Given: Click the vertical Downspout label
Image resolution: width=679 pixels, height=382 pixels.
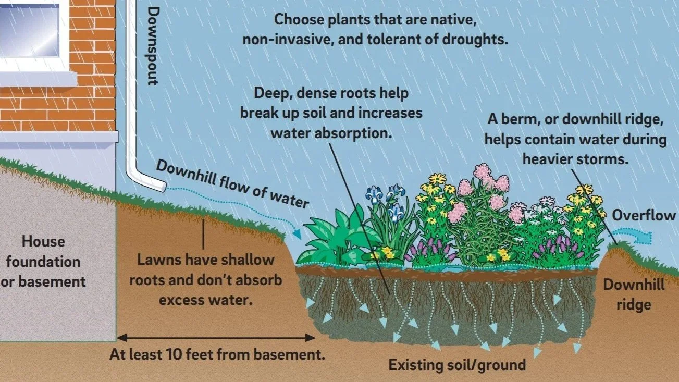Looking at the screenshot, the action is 152,45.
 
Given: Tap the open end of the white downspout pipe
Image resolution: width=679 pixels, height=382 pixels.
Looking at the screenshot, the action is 163,186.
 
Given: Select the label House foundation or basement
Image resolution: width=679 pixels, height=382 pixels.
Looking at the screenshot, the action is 44,262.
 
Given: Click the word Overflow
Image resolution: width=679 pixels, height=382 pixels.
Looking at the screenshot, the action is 644,216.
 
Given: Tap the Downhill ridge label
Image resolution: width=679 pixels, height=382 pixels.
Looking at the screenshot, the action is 634,294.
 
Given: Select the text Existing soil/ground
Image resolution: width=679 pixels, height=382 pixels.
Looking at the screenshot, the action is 457,365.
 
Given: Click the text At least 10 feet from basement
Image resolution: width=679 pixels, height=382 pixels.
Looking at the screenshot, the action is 217,355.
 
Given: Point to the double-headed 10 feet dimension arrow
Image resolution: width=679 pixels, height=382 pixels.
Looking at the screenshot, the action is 216,338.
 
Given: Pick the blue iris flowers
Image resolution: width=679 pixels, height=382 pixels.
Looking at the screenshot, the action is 386,201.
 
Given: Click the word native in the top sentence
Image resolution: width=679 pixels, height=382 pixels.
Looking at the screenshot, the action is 452,20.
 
